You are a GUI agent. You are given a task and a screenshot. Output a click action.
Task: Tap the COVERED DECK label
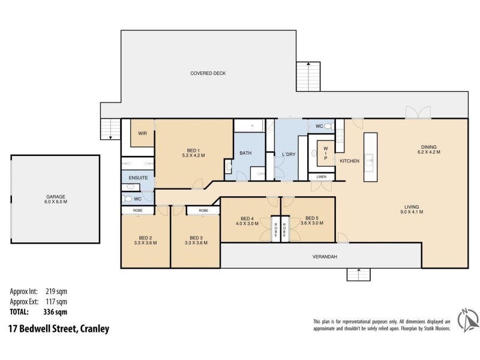click(x=208, y=74)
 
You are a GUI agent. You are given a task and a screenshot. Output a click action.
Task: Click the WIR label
click(x=143, y=133)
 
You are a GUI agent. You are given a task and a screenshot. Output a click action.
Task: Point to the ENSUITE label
click(x=137, y=178)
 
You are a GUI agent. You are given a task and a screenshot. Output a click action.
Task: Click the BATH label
click(x=245, y=154)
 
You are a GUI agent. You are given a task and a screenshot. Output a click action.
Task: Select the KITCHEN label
click(x=349, y=161)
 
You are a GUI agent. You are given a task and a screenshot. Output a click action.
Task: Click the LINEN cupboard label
click(x=322, y=177)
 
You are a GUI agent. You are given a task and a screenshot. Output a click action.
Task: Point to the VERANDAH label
click(x=325, y=257)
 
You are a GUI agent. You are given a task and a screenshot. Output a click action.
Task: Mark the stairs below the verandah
click(x=359, y=274)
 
